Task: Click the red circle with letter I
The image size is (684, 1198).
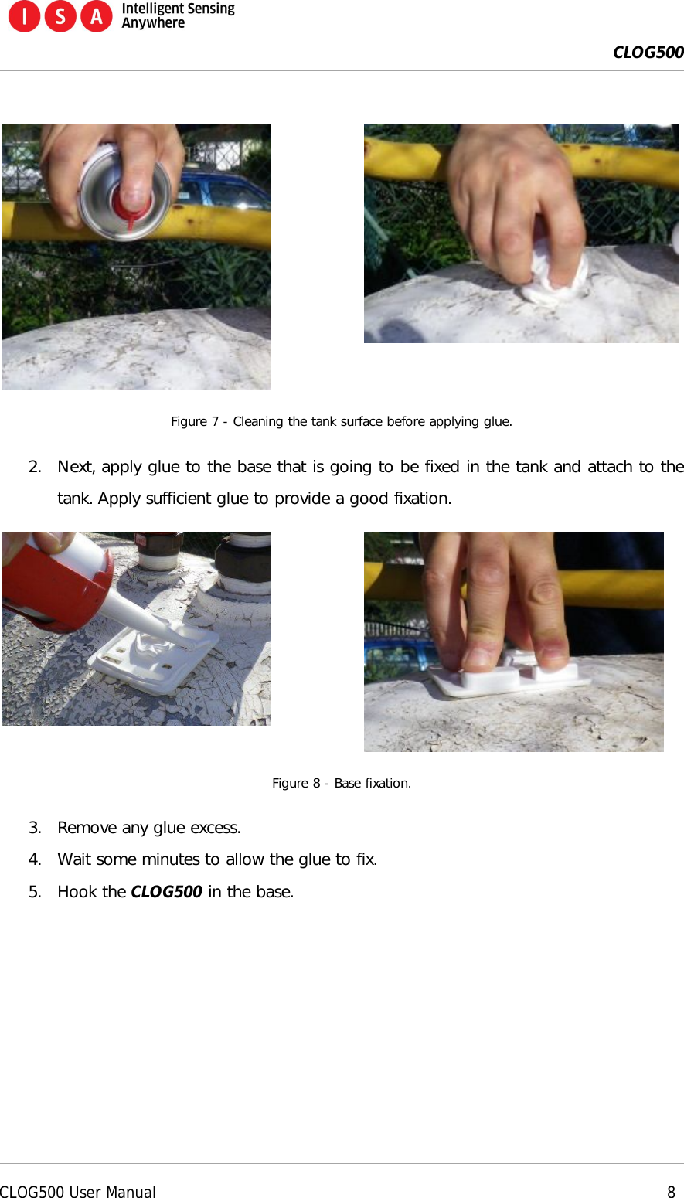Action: [x=24, y=16]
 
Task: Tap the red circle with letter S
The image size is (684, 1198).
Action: [x=60, y=16]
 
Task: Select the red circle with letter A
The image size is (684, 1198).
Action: [x=97, y=16]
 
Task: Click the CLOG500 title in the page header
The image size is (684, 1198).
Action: [x=648, y=53]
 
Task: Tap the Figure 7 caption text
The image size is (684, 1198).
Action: [x=341, y=421]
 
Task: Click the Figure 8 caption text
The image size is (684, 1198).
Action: [x=341, y=783]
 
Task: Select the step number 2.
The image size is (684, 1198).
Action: [x=34, y=467]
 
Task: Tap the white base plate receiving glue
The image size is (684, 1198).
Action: [x=155, y=657]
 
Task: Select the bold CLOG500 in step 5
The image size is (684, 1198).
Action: [x=166, y=892]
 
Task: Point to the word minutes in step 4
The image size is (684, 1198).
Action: [x=181, y=859]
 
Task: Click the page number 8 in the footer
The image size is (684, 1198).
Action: [x=671, y=1192]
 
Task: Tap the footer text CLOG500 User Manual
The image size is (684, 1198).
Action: [x=77, y=1192]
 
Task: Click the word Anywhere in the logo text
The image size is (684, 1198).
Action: [x=153, y=23]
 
